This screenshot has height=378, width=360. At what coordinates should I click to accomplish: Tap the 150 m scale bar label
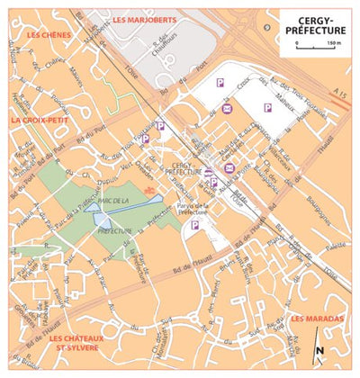334,41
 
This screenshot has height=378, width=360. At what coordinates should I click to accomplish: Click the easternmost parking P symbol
266,108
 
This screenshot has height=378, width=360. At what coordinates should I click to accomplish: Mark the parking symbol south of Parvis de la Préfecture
194,225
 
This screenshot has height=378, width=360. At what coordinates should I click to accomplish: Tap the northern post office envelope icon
227,110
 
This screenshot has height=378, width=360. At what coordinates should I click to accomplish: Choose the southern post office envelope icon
229,168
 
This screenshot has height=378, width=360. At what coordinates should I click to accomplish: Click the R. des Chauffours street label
167,55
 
